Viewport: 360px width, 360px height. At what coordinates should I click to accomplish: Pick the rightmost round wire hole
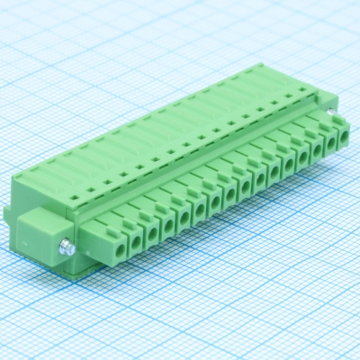coord(343,141)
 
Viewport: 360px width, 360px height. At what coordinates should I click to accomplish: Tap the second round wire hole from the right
coord(330,147)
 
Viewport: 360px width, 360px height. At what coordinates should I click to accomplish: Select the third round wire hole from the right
coord(318,152)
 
